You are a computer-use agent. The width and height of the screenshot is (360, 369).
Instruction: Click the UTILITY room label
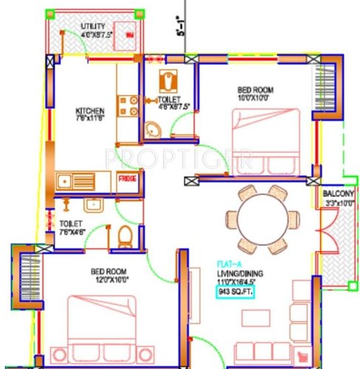[93, 26]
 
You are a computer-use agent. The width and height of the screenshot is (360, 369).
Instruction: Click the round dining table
[262, 218]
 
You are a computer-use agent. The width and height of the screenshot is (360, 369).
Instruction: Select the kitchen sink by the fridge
[74, 179]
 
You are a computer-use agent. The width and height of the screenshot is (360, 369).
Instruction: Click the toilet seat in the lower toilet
[125, 236]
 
